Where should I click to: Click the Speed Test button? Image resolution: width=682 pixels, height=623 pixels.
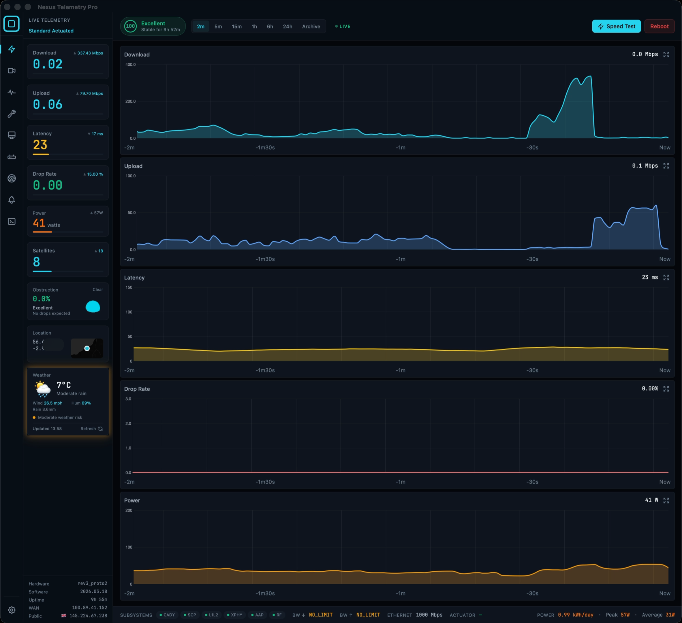(616, 27)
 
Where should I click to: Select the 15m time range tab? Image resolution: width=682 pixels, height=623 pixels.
(236, 27)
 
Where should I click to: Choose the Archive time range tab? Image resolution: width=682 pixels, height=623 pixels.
(311, 27)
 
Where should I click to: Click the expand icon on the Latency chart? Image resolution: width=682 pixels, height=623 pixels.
(666, 277)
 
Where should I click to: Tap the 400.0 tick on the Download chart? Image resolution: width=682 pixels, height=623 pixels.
(130, 65)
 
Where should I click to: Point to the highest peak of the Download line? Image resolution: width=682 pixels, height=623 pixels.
(590, 76)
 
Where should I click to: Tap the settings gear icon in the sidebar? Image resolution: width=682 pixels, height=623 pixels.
(12, 610)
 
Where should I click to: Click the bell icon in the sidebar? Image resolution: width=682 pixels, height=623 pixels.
(12, 200)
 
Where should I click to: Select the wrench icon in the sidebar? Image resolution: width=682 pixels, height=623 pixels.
(12, 114)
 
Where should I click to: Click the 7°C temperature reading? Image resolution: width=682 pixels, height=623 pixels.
(64, 385)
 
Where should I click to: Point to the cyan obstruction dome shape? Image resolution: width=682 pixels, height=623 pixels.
(93, 307)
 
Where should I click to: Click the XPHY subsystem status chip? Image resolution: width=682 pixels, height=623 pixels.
(234, 615)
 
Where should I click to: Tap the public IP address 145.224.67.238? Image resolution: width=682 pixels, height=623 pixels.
(88, 616)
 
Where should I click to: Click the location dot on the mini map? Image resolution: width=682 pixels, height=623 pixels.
(87, 348)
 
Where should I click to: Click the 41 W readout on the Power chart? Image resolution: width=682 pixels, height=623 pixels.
(651, 500)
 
